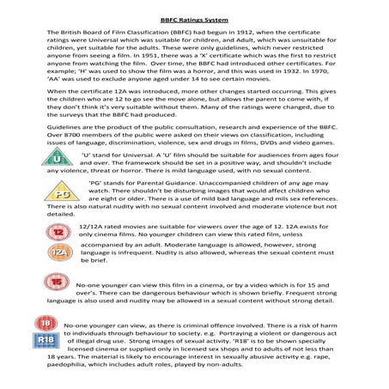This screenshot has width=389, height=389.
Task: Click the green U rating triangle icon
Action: [58, 159]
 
